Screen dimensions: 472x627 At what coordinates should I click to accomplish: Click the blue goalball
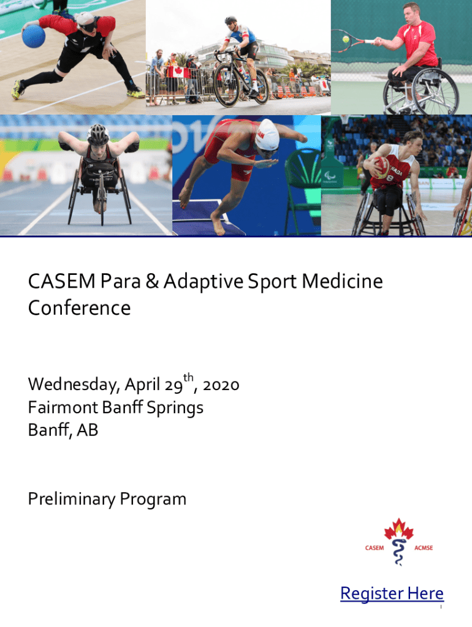34,36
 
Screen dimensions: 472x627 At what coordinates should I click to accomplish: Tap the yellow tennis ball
346,39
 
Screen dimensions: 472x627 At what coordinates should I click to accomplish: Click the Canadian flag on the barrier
178,72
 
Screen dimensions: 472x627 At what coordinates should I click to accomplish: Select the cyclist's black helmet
230,20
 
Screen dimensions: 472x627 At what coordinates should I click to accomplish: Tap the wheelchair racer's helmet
98,134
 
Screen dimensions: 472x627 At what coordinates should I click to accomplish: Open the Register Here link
392,593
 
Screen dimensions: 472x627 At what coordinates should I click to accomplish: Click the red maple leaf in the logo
398,529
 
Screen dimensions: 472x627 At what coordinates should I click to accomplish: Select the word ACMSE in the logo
424,548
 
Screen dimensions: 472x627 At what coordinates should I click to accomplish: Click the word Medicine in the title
342,281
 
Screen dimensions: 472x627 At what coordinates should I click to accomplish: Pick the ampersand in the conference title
152,281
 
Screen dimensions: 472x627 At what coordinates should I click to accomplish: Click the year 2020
221,386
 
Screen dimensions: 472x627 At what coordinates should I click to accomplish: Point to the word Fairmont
63,407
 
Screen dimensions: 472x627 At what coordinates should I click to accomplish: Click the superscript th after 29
188,378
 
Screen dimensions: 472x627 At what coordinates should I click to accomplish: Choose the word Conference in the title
79,308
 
